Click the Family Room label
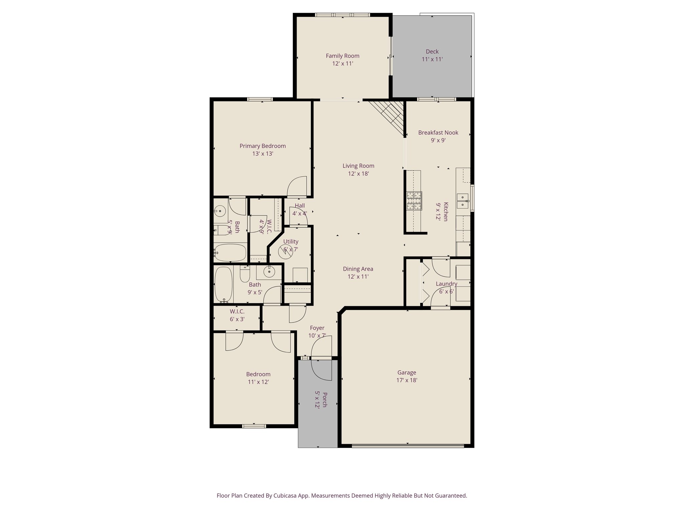point(342,56)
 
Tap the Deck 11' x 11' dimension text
point(432,59)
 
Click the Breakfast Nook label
point(438,133)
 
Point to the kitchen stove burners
point(414,201)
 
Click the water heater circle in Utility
point(286,251)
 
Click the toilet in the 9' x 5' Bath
point(245,274)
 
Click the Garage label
point(406,372)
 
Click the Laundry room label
point(446,284)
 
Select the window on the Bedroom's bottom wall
point(254,426)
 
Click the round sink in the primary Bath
point(220,211)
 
